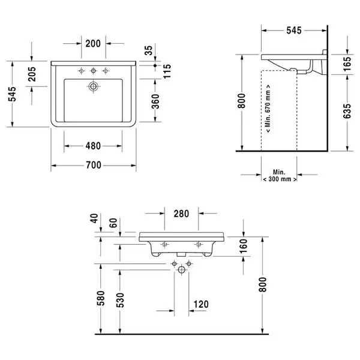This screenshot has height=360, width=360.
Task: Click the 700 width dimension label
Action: point(94,165)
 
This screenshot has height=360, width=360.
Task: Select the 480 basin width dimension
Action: point(93,146)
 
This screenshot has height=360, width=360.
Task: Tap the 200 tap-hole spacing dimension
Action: point(93,43)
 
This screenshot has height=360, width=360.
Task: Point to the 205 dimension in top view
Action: point(32,74)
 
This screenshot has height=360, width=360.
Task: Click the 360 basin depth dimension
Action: point(155,101)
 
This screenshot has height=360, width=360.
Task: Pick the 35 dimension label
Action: point(149,50)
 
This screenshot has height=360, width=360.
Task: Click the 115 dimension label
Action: point(167,71)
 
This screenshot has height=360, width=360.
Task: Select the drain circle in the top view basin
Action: point(93,86)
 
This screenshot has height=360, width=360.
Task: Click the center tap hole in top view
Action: point(93,71)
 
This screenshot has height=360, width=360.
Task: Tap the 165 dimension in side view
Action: point(347,64)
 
